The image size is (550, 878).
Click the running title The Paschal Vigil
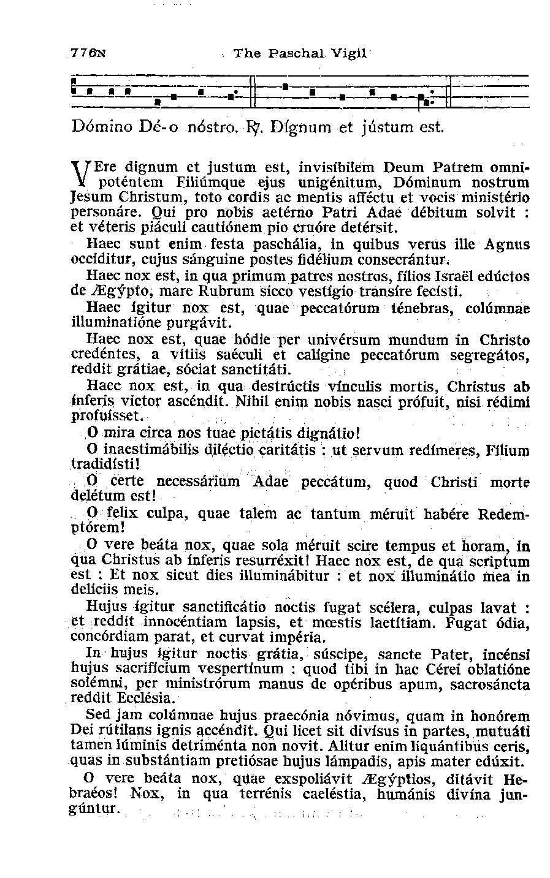(300, 53)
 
